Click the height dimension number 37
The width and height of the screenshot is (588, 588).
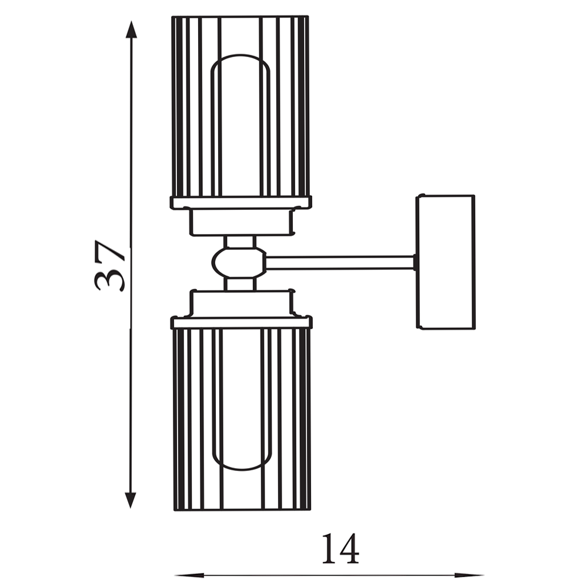coord(110,266)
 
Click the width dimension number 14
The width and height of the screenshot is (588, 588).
coord(339,549)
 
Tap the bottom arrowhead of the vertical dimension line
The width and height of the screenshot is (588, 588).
coord(131,500)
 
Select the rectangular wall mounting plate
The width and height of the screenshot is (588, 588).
coord(445,262)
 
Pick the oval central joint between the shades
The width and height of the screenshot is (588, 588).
coord(238,262)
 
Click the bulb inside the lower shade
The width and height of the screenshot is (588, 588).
coord(240,400)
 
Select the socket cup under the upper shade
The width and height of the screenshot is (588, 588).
coord(240,223)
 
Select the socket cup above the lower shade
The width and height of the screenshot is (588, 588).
coord(240,303)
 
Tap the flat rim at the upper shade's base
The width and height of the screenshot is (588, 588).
coord(240,203)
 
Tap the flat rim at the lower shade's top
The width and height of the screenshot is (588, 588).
coord(240,322)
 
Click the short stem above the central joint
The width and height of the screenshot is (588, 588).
coord(240,242)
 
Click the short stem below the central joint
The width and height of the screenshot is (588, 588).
coord(240,284)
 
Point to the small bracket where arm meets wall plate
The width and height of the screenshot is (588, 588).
coord(415,262)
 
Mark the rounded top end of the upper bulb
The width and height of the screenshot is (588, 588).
coord(240,58)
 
